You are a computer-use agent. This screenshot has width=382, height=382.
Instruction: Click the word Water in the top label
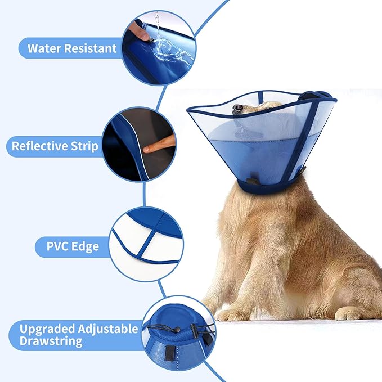pos(43,48)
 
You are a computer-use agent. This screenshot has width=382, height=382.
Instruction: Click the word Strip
pos(85,146)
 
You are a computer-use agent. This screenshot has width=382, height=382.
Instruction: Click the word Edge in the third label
pos(84,246)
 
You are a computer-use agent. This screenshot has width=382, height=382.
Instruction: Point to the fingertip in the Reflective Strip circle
pos(147,149)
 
